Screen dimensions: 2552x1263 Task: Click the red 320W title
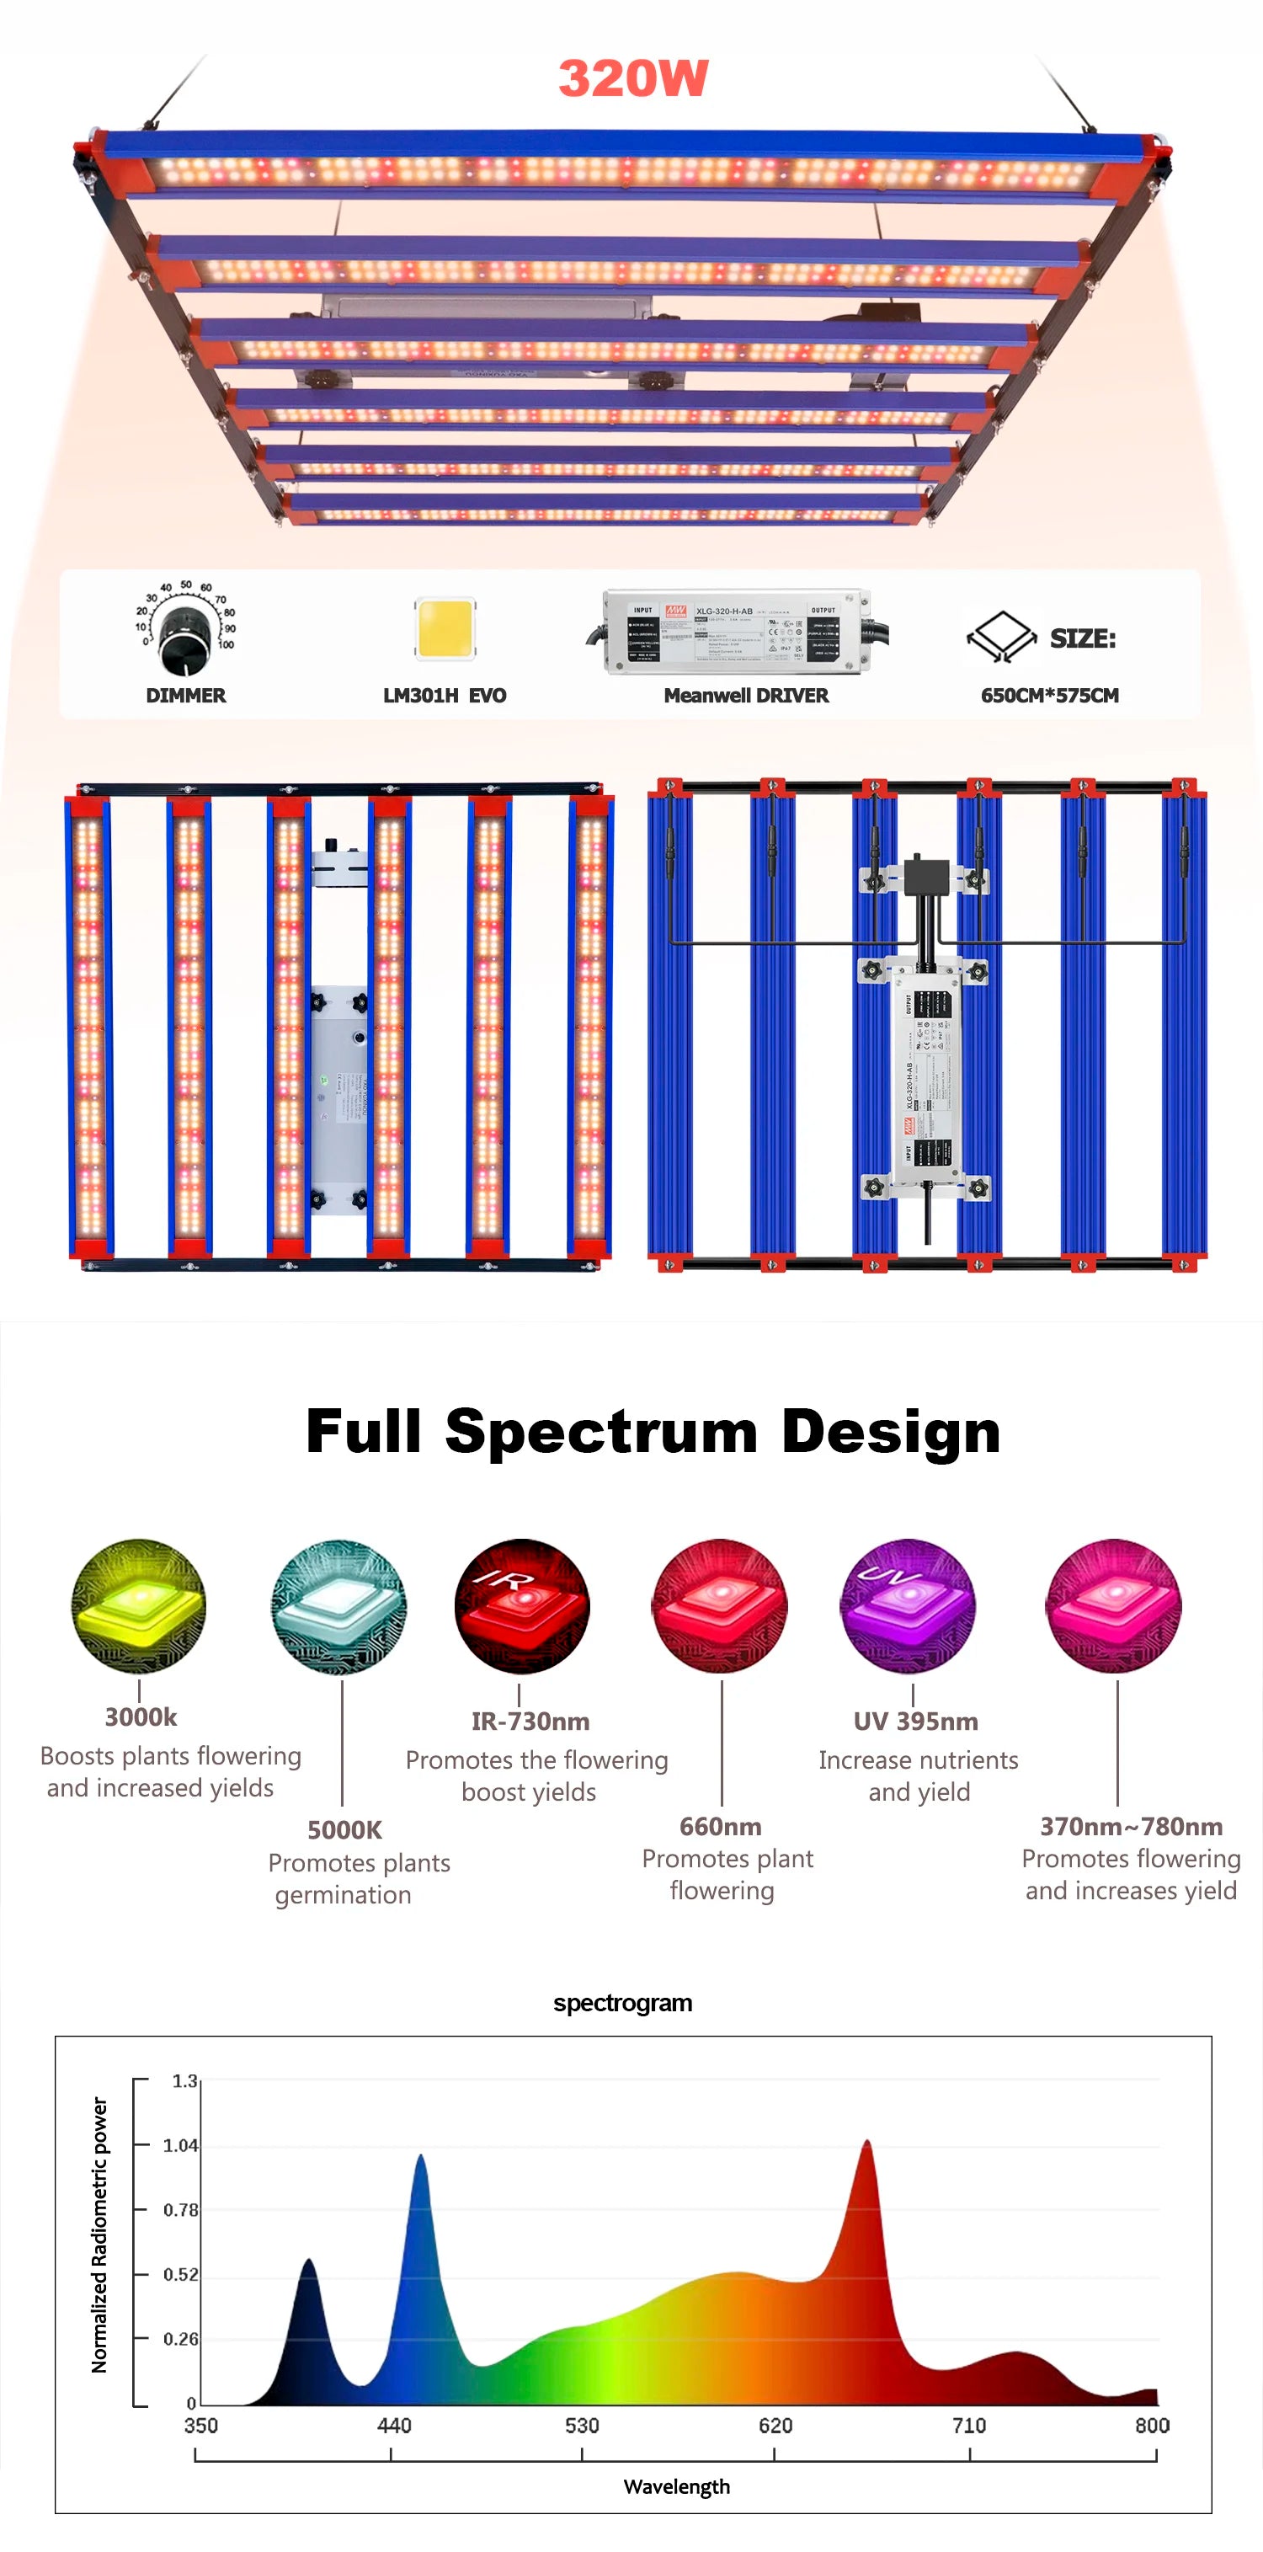633,78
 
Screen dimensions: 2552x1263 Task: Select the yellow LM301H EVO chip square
445,627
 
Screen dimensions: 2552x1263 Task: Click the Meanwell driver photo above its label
738,632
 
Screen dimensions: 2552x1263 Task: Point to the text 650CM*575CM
1049,696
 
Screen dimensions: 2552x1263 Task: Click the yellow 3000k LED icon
139,1606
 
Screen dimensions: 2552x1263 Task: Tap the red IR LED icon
522,1606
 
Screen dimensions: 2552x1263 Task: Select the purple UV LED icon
908,1606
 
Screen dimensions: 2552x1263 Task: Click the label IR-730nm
530,1722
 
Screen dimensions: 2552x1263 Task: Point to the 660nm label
720,1826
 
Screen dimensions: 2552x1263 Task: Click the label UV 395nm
915,1722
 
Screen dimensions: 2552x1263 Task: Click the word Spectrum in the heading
601,1432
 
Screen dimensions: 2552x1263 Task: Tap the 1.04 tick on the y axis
180,2146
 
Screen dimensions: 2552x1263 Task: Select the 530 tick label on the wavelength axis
582,2425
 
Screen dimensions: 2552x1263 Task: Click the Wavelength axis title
677,2486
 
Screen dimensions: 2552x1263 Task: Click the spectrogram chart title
622,2003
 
